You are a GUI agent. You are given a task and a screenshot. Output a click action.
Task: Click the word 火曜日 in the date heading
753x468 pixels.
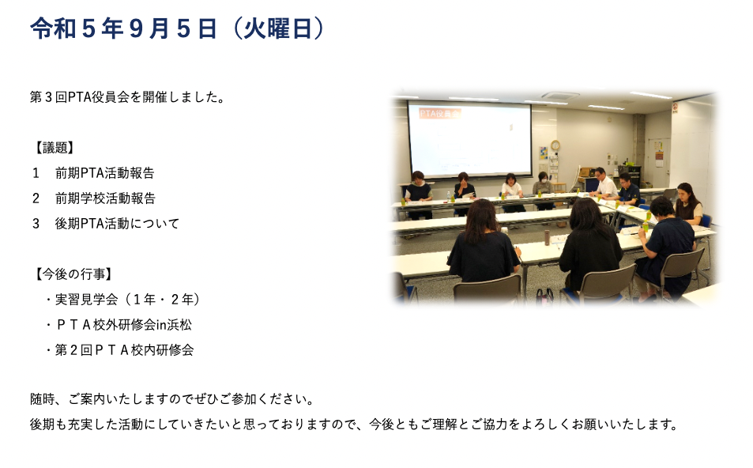[277, 28]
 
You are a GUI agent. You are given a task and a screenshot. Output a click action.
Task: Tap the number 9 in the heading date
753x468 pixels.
[137, 28]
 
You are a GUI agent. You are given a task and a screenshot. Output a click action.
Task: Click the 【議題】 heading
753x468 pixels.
[53, 148]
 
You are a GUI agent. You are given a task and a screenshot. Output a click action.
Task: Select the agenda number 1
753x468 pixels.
[36, 173]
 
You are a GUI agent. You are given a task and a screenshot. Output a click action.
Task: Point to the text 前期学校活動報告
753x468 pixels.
[105, 198]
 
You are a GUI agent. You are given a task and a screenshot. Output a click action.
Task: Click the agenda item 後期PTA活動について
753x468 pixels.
[117, 224]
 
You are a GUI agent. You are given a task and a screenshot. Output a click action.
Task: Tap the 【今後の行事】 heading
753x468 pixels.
[73, 274]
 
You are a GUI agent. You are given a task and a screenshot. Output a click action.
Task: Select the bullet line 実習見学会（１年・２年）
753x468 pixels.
[122, 300]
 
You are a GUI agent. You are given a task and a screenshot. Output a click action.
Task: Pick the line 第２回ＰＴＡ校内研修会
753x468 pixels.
[119, 350]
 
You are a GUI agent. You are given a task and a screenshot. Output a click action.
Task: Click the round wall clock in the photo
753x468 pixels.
[555, 145]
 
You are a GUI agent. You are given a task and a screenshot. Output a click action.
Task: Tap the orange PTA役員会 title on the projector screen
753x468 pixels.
[439, 113]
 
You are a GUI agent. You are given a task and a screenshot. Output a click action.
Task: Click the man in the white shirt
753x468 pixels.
[603, 183]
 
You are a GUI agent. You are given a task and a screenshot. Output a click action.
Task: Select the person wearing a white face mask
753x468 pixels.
[543, 184]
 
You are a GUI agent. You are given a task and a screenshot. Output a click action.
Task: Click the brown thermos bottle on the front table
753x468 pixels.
[547, 238]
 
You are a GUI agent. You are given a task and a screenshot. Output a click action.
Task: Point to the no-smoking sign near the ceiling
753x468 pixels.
[675, 108]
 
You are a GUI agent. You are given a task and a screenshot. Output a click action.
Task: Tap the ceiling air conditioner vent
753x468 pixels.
[560, 95]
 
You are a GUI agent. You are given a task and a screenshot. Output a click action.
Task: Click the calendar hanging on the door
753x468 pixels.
[659, 153]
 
